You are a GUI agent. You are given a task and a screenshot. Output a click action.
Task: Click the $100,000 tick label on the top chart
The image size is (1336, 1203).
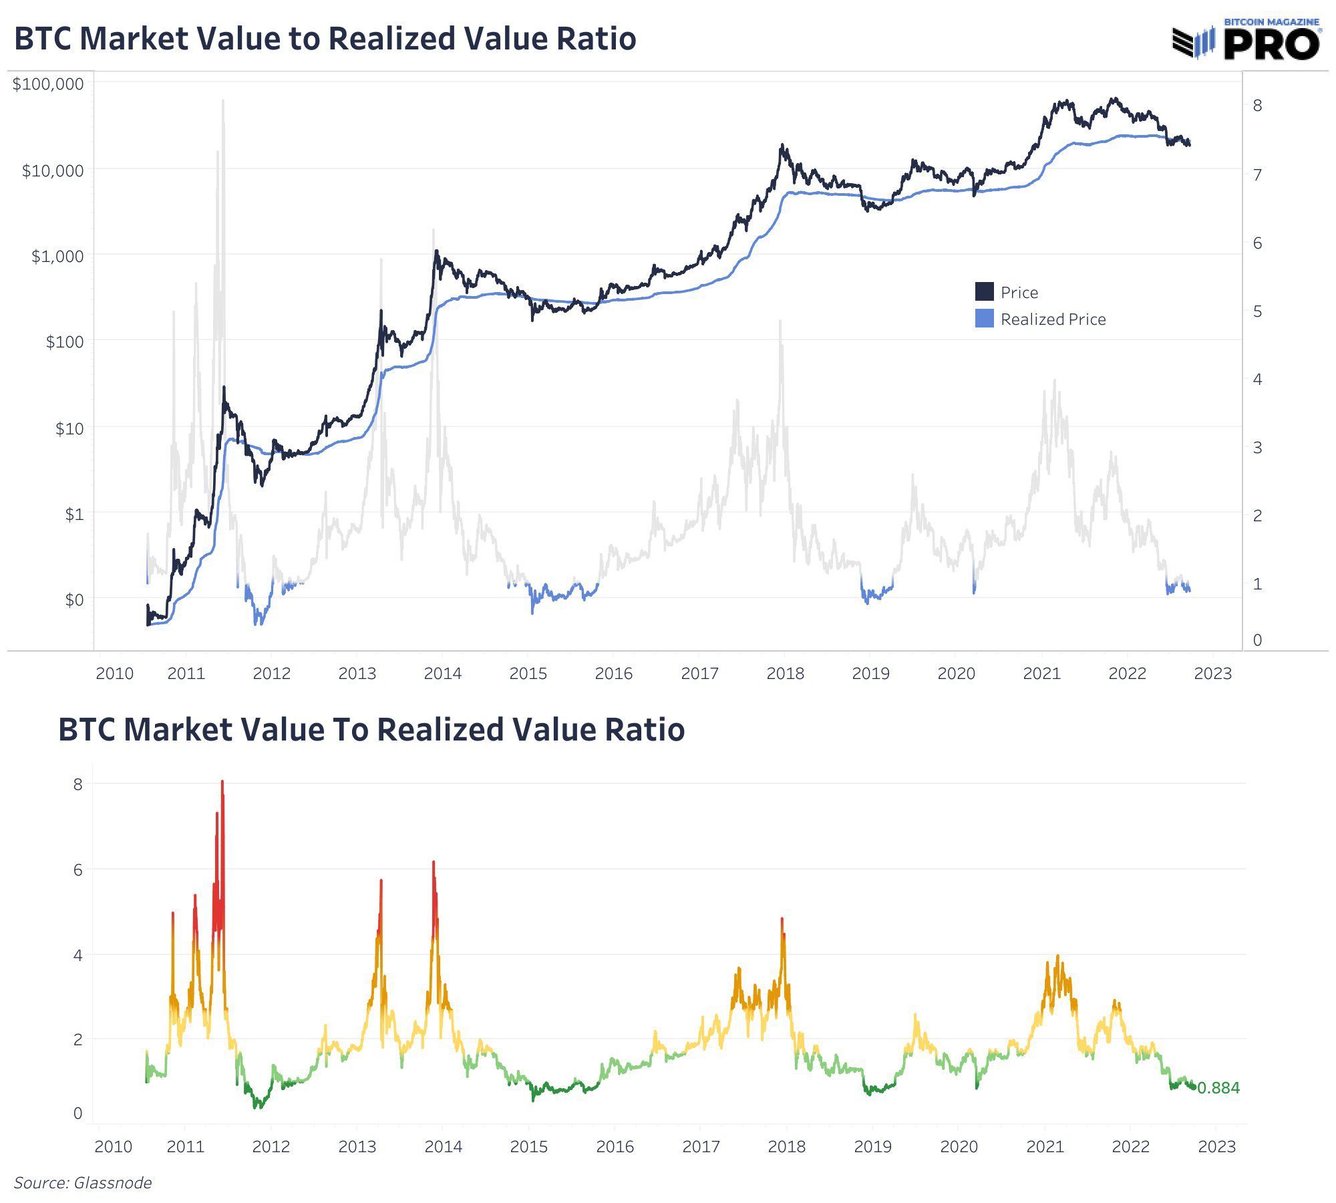(x=48, y=84)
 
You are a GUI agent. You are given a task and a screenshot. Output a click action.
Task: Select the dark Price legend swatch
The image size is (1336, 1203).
(x=984, y=292)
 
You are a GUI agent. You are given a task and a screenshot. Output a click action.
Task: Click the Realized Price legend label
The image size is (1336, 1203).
(x=1053, y=319)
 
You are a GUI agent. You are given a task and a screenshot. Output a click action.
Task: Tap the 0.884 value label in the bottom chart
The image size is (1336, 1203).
(x=1218, y=1088)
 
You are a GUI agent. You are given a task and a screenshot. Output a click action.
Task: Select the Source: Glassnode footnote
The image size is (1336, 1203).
(x=83, y=1183)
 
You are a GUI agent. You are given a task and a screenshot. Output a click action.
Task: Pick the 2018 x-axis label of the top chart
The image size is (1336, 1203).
(x=785, y=674)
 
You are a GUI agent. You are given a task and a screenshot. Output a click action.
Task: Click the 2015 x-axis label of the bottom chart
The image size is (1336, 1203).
(x=528, y=1147)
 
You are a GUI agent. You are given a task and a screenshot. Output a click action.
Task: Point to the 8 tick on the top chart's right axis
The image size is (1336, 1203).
(x=1257, y=106)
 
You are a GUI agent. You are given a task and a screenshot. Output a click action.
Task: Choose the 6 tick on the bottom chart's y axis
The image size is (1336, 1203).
(x=78, y=870)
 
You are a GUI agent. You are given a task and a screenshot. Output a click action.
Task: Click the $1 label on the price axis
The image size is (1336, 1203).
(x=73, y=514)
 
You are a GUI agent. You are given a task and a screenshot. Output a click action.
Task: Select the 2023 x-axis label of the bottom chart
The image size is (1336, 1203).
(x=1216, y=1147)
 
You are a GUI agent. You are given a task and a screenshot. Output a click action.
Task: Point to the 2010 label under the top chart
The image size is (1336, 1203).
(x=114, y=674)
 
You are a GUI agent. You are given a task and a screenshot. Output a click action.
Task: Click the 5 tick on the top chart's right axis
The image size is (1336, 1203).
(x=1257, y=311)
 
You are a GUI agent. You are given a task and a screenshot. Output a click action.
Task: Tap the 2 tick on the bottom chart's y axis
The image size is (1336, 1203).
(x=78, y=1040)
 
